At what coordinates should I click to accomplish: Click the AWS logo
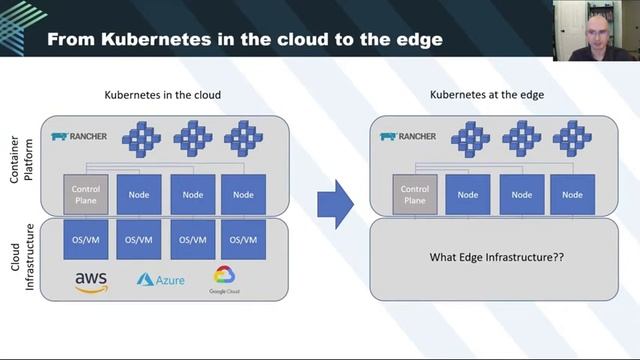91,281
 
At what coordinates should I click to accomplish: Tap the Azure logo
161,280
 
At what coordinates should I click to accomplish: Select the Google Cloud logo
224,278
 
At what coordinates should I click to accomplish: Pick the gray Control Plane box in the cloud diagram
85,193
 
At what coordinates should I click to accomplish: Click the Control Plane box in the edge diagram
415,193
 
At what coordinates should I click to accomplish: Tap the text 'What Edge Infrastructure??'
497,257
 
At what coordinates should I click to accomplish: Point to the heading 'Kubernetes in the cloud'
163,95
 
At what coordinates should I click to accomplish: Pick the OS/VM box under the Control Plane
85,240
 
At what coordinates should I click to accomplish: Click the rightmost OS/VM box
243,240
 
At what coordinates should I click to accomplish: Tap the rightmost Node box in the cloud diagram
243,193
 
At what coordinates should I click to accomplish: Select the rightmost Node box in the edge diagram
573,193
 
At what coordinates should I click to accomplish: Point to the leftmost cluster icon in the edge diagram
470,137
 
